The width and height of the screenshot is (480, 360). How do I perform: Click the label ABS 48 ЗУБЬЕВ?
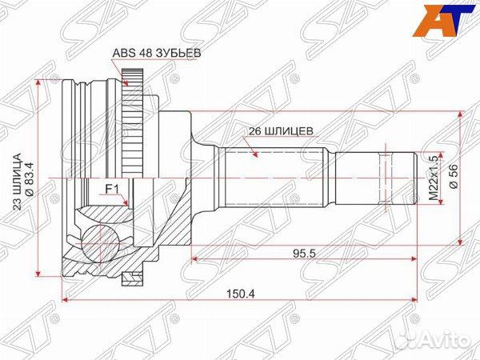[155, 54]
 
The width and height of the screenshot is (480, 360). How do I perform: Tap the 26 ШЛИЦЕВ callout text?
[277, 129]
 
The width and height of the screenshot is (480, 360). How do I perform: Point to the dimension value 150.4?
[241, 294]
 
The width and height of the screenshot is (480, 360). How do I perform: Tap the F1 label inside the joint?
[113, 189]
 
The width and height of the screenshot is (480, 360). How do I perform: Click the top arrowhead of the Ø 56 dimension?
[459, 114]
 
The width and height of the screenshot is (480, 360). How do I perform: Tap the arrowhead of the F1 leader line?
[130, 206]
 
